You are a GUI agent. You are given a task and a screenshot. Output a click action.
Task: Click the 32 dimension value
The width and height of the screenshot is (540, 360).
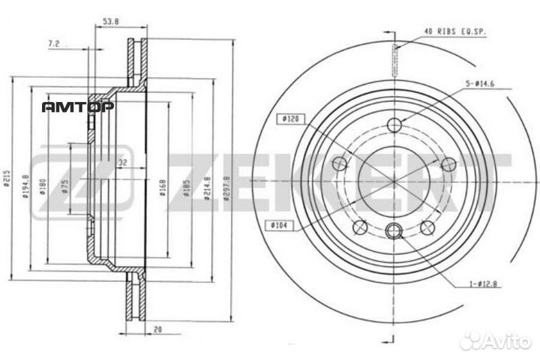click(x=123, y=161)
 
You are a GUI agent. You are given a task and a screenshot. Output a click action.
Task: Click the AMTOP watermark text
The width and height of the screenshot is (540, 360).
click(x=77, y=106)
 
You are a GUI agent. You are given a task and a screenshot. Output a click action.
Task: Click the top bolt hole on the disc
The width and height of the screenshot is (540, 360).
click(x=396, y=124)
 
